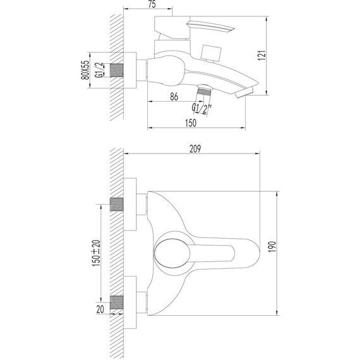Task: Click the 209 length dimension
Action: [195, 148]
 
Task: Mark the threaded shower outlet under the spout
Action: [202, 90]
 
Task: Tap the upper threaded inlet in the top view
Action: [117, 204]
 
